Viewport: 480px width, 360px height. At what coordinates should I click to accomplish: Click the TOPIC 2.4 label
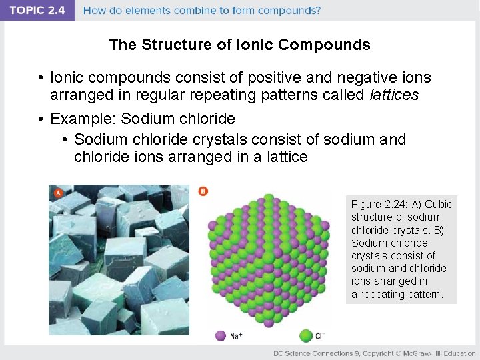37,11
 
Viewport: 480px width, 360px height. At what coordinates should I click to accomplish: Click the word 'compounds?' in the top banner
286,11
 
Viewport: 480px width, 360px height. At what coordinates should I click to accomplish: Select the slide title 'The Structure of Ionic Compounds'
239,45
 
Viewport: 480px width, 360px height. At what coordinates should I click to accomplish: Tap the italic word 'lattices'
393,95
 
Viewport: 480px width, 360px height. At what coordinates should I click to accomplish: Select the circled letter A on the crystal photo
58,193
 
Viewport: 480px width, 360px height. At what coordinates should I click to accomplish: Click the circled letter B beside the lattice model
203,191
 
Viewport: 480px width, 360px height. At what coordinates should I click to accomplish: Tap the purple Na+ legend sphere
220,335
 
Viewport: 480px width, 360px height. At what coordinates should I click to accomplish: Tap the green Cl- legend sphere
306,335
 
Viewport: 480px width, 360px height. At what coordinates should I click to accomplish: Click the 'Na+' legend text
236,336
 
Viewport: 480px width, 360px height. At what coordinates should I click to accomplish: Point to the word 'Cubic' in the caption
438,204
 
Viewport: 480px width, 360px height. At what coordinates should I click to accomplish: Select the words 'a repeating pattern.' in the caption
397,294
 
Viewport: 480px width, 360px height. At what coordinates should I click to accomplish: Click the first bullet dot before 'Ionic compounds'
41,78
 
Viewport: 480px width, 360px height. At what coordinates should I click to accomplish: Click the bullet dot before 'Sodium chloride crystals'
65,139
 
